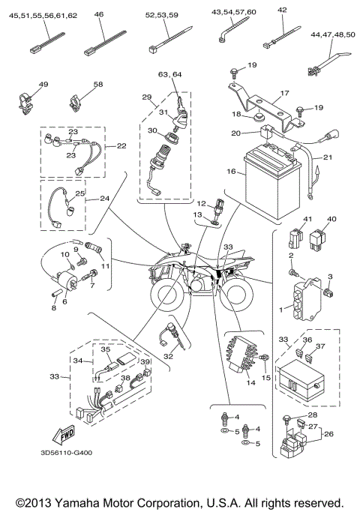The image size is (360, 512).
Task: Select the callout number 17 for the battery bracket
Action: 283,94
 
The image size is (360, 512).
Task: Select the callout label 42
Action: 282,10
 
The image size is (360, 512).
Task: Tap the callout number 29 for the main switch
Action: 146,97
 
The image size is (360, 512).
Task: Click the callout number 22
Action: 121,146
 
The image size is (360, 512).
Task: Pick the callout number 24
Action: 104,198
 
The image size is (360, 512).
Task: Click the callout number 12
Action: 201,203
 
